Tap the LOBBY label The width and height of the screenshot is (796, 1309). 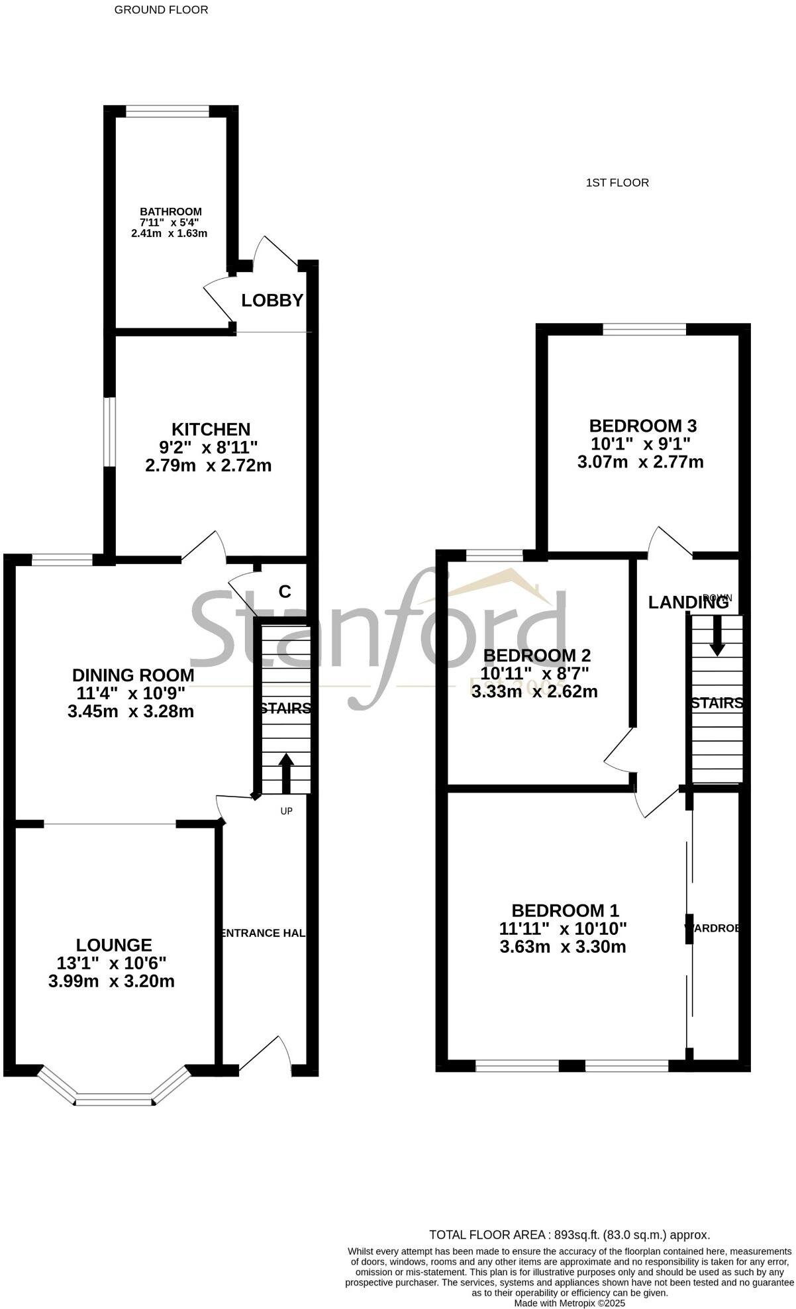pos(272,301)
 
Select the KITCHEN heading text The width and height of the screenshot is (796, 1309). pos(211,429)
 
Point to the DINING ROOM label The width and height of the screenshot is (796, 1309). pos(133,675)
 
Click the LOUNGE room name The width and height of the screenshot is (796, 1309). pos(114,945)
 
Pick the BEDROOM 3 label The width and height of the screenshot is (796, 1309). pos(643,425)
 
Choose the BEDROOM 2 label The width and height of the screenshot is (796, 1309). pos(536,655)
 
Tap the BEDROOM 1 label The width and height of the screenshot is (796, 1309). pos(565,910)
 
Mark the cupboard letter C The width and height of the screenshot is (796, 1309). pos(285,591)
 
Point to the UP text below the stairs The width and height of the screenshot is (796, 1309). pos(286,811)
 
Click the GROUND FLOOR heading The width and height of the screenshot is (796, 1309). pos(161,10)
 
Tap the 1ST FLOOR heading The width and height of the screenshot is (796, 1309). pos(617,183)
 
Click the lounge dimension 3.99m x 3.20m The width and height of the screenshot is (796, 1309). pos(111,981)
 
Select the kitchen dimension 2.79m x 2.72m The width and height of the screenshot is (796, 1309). pos(208,465)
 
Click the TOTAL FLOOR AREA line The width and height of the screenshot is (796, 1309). pos(570,1234)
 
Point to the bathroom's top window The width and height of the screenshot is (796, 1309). pos(168,112)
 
